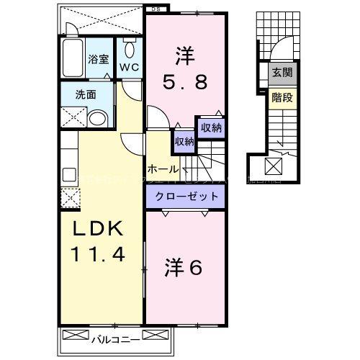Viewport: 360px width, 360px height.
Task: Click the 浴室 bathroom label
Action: (99, 60)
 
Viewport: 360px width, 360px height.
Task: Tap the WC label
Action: (129, 68)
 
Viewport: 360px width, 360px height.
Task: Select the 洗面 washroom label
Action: (87, 94)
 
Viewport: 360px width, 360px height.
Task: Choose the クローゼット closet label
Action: (184, 196)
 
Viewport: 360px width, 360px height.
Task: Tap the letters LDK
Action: (100, 230)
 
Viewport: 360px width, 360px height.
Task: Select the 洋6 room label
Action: (184, 267)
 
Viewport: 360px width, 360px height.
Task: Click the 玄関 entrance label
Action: (281, 72)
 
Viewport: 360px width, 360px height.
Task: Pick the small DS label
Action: (156, 9)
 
